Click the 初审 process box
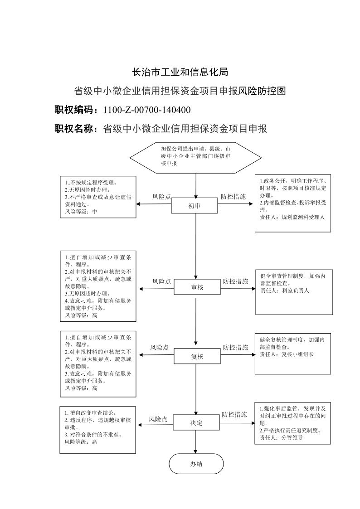tap(195, 205)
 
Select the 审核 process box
tap(197, 287)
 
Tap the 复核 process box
tap(197, 356)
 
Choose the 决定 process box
tap(196, 422)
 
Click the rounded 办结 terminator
tap(196, 464)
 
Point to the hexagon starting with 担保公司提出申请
tap(196, 158)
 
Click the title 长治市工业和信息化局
tap(180, 72)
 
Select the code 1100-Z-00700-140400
tap(147, 110)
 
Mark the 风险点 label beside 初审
tap(161, 197)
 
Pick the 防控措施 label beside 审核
tap(236, 281)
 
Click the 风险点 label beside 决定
tap(158, 419)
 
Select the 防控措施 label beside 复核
tap(236, 347)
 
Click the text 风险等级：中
tap(81, 212)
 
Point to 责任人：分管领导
tap(282, 437)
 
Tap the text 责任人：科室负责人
tap(285, 291)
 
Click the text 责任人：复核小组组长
tap(287, 354)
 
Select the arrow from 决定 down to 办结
tap(196, 442)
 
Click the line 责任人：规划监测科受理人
tap(292, 217)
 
